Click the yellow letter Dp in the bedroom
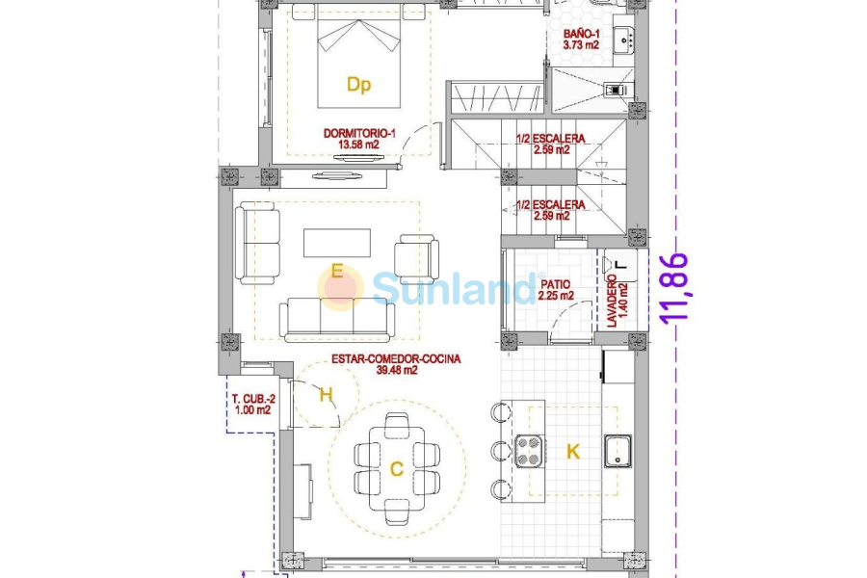pyautogui.click(x=358, y=85)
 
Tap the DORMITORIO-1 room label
pyautogui.click(x=359, y=133)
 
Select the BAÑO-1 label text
pyautogui.click(x=582, y=34)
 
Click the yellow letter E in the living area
pyautogui.click(x=336, y=272)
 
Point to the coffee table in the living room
pyautogui.click(x=336, y=243)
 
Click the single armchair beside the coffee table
pyautogui.click(x=416, y=258)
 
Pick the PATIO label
pyautogui.click(x=555, y=284)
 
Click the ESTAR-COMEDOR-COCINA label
pyautogui.click(x=396, y=358)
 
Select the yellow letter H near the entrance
pyautogui.click(x=326, y=394)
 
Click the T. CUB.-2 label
pyautogui.click(x=252, y=398)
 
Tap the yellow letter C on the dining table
pyautogui.click(x=396, y=469)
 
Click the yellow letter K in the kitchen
pyautogui.click(x=573, y=451)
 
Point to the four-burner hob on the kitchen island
pyautogui.click(x=528, y=451)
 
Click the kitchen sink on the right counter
pyautogui.click(x=617, y=451)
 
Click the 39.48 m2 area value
pyautogui.click(x=396, y=371)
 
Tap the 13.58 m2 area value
pyautogui.click(x=358, y=145)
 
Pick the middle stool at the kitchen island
pyautogui.click(x=499, y=451)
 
